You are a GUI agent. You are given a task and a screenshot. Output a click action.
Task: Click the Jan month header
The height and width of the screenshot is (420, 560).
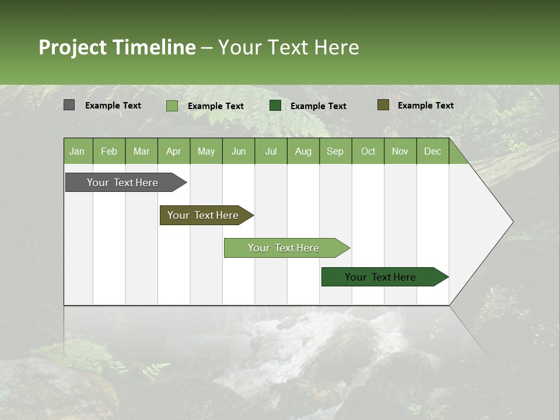78,151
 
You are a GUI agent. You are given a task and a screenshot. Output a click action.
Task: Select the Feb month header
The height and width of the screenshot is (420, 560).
109,151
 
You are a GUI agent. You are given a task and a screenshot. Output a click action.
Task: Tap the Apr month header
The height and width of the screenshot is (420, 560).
173,151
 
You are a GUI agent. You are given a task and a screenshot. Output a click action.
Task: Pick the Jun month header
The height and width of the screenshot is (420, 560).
239,151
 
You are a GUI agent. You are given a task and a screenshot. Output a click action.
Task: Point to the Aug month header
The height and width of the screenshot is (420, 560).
303,151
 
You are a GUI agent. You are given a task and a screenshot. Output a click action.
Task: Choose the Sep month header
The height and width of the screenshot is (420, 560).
335,151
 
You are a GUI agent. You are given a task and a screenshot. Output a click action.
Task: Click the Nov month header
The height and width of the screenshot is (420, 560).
400,151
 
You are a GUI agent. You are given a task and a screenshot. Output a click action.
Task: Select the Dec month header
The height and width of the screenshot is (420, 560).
432,151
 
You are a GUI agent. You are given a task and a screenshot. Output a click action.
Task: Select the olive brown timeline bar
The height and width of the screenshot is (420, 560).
204,215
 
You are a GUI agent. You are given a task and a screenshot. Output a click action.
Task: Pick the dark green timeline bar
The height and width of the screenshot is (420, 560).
382,277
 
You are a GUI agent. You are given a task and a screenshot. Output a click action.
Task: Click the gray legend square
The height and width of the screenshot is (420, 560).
69,105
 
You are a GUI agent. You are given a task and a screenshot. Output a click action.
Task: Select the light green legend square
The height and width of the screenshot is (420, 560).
171,106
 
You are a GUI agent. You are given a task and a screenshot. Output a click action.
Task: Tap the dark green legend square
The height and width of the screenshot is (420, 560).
275,106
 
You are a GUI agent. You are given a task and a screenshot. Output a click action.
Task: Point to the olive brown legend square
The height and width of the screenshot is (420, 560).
383,105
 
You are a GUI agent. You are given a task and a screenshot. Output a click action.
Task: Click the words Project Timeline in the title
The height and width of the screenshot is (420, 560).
117,47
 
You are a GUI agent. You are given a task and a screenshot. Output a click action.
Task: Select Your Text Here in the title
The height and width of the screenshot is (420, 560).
288,47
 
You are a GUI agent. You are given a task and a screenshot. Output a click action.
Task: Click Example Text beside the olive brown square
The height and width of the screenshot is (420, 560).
425,106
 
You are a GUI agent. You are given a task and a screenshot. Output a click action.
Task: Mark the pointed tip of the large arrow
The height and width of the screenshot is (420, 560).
512,222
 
